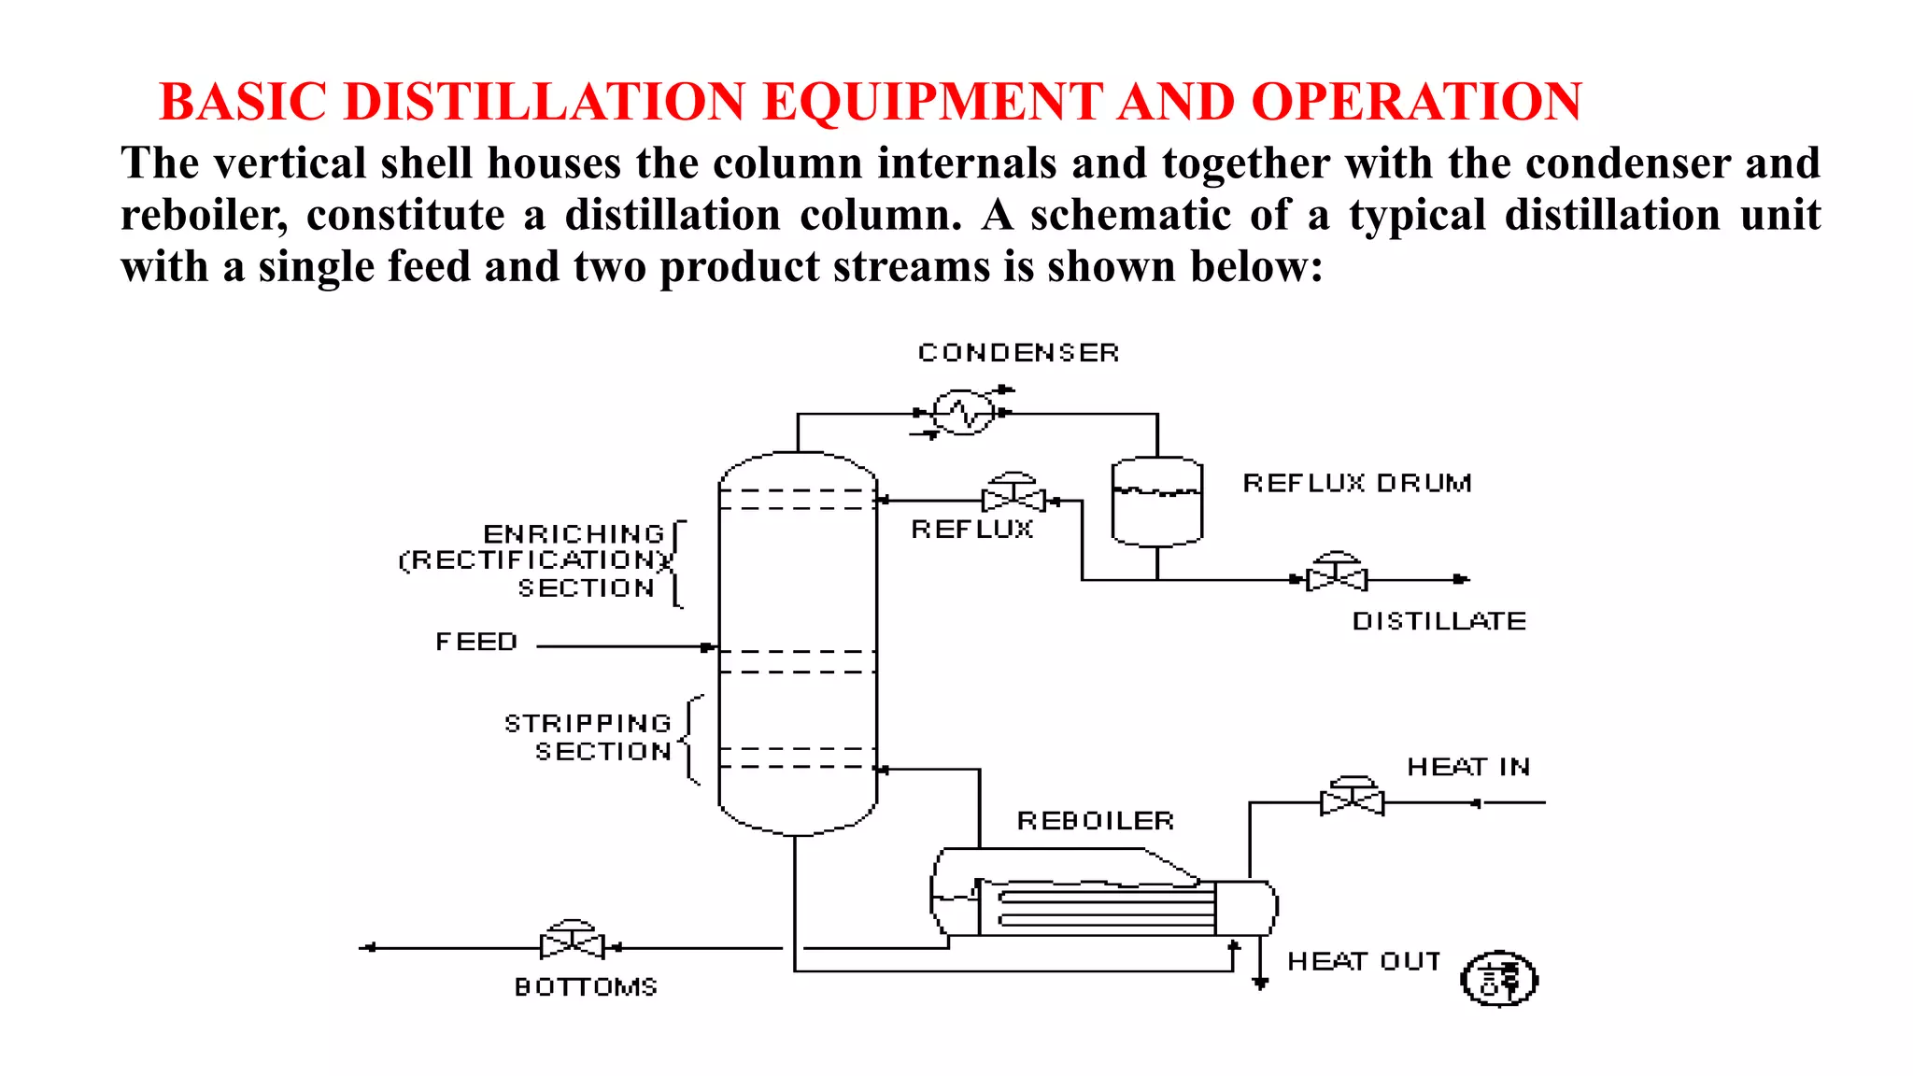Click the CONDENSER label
(1018, 353)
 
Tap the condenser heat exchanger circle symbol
(963, 412)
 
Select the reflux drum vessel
(1156, 502)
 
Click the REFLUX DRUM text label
(1356, 483)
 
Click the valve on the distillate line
(1337, 577)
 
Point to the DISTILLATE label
(1439, 621)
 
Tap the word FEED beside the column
(476, 643)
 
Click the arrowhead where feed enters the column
(709, 646)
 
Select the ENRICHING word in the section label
(574, 534)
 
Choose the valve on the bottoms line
(573, 944)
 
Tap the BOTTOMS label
(586, 987)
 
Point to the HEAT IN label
(1468, 767)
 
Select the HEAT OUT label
(1364, 962)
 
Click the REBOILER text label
(1095, 821)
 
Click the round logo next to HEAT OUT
(1499, 979)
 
